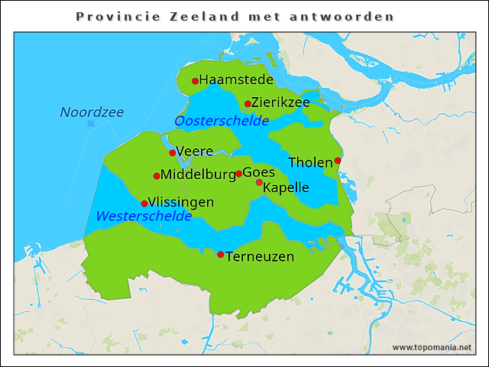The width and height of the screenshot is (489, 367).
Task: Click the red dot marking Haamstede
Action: pos(195,81)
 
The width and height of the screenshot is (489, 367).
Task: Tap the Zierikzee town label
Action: pos(280,102)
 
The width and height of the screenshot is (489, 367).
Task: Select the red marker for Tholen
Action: pos(338,161)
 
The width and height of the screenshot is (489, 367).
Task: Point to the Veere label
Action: pos(194,151)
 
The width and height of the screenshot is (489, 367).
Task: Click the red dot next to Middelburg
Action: pos(157,176)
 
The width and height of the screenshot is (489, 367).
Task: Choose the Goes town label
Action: pos(258,173)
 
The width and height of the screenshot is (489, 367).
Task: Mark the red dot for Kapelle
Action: pos(259,183)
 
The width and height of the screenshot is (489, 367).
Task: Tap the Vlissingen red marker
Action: pos(144,203)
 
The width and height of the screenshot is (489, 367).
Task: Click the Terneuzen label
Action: pos(260,257)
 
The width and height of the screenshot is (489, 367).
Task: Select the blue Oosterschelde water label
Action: pos(222,121)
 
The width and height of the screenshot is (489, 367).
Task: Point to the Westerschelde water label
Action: pos(144,216)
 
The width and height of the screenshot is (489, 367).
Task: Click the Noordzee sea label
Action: pos(92,112)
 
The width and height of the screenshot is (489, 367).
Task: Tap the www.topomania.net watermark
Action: pos(432,347)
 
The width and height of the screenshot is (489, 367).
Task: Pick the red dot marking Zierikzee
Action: pos(248,104)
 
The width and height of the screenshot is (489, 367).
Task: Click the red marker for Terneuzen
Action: pos(221,255)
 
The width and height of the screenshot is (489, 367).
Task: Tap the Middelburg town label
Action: pos(198,175)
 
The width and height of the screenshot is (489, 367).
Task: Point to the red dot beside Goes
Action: pos(238,174)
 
